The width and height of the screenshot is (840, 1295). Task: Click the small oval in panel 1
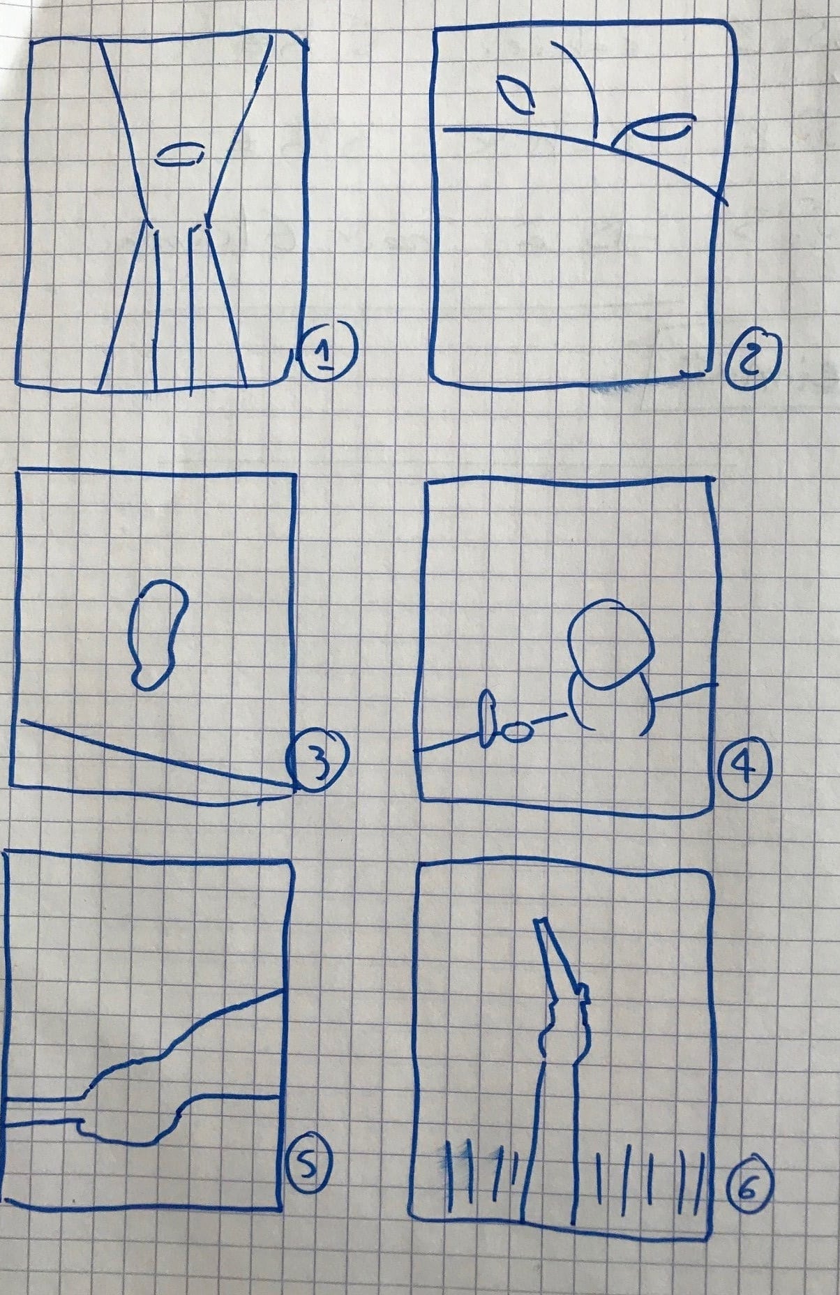[179, 154]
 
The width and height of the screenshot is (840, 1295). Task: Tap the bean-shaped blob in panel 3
[158, 634]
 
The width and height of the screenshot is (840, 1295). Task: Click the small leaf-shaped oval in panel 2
[514, 95]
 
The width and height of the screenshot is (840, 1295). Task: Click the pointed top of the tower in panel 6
[540, 921]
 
